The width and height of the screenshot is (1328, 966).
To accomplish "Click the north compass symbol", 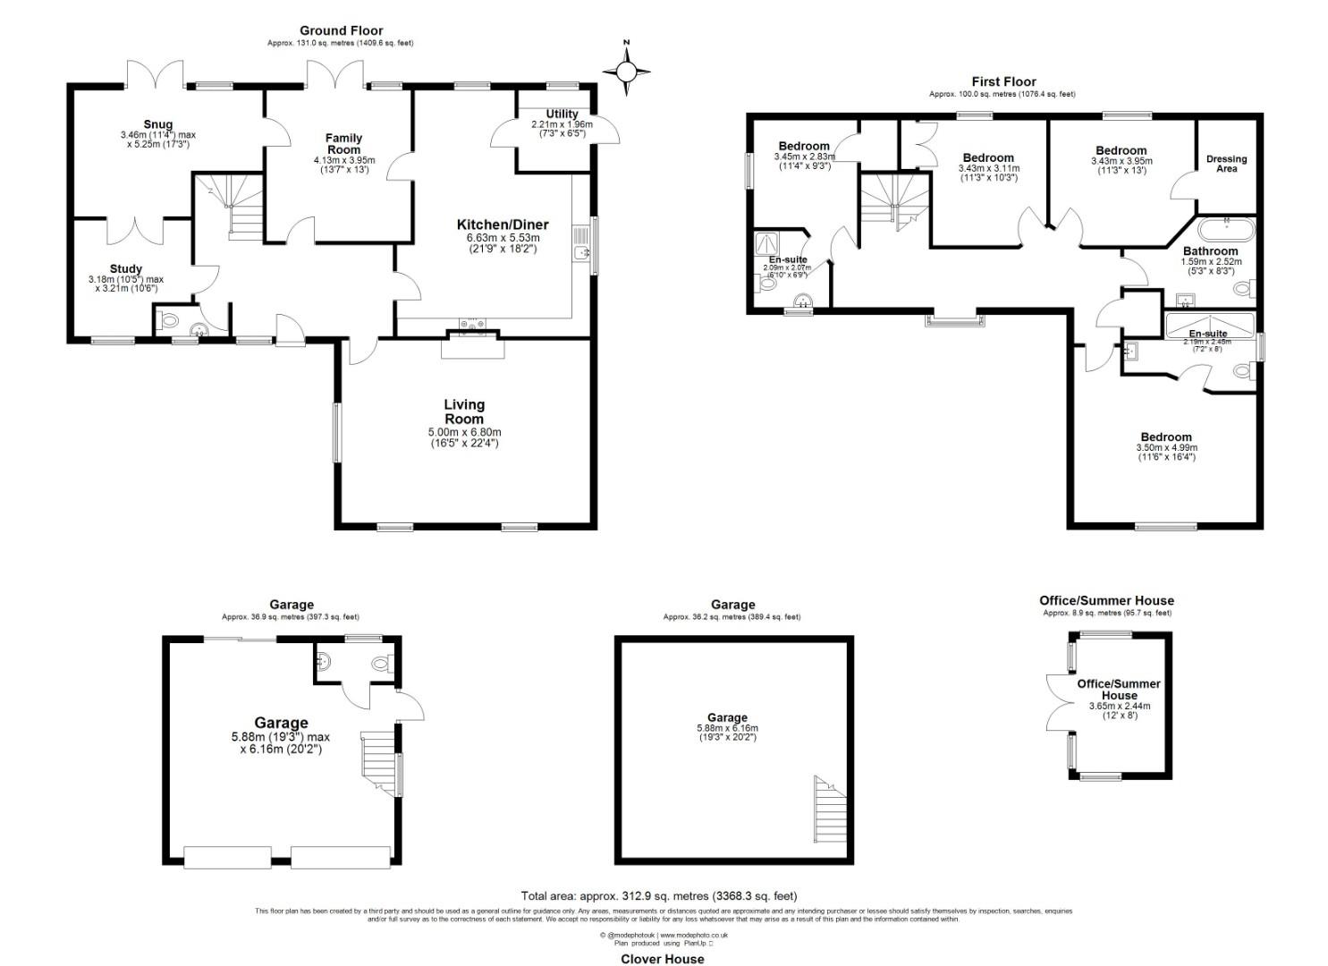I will tap(627, 71).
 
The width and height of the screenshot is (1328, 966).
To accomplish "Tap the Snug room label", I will tap(157, 124).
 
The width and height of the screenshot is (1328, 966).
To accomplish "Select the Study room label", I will tap(126, 268).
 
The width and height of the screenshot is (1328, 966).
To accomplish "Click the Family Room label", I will tap(343, 143).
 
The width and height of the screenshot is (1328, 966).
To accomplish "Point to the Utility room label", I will tap(562, 114).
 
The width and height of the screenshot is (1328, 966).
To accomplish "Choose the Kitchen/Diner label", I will tap(503, 225).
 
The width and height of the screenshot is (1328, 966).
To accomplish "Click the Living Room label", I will tap(464, 411).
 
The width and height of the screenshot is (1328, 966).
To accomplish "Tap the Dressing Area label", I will tap(1226, 164).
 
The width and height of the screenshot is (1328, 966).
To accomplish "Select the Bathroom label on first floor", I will tap(1210, 251).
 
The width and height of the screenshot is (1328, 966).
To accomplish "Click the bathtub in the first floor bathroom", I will tap(1225, 227).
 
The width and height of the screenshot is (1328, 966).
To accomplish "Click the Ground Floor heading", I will tap(341, 30).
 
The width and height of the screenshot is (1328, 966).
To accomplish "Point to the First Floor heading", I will tap(1003, 81).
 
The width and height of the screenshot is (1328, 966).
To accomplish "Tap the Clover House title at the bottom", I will tap(663, 959).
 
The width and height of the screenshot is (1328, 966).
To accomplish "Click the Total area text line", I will tap(659, 895).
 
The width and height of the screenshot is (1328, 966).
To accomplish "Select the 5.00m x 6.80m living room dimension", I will tap(464, 432).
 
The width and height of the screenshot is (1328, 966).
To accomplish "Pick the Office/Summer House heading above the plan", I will tap(1106, 600).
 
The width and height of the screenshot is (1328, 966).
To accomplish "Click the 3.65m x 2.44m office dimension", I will tap(1119, 706).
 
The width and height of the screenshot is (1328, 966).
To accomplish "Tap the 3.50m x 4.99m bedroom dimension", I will tap(1166, 447).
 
